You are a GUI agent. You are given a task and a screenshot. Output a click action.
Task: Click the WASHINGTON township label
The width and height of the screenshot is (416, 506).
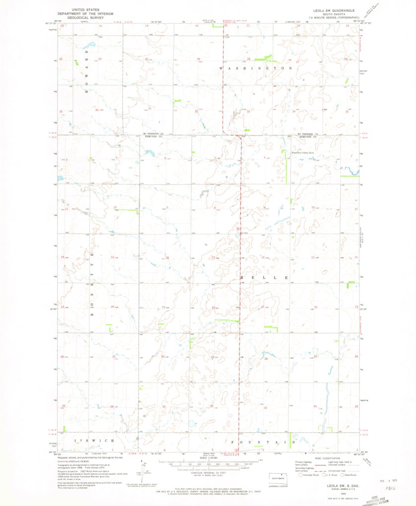point(256,67)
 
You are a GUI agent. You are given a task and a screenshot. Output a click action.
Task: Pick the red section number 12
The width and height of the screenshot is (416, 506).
point(115,207)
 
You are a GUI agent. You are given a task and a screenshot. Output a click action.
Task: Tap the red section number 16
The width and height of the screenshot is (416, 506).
point(262,257)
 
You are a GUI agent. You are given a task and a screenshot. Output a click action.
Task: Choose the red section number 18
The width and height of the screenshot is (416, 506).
point(167,258)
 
